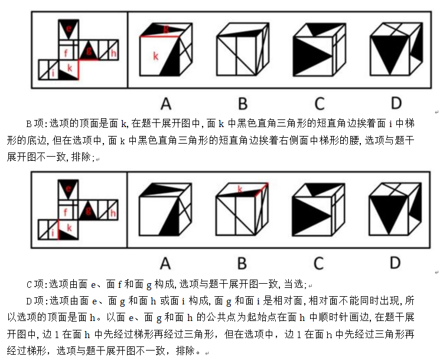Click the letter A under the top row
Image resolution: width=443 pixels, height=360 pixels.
(x=166, y=103)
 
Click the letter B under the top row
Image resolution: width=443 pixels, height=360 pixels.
(x=243, y=103)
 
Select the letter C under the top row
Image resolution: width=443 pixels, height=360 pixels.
(x=320, y=103)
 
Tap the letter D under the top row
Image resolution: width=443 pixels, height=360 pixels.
(x=395, y=103)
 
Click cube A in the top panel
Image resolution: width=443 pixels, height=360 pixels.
(x=165, y=50)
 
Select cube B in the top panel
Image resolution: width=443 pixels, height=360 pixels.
(x=242, y=50)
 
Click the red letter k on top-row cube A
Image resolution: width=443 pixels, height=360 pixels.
(x=155, y=56)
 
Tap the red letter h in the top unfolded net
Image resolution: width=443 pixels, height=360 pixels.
(x=113, y=54)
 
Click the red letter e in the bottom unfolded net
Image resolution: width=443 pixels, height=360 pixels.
(x=69, y=189)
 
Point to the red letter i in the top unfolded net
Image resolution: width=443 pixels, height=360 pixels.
(x=53, y=73)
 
